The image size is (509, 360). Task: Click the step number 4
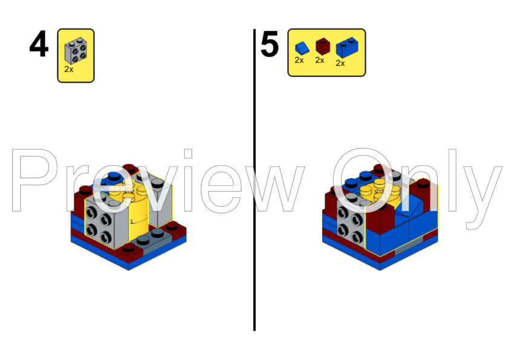(x=39, y=45)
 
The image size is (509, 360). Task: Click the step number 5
(x=270, y=45)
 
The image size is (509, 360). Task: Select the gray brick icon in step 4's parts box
(x=76, y=50)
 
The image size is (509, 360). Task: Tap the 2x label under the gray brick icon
(x=69, y=70)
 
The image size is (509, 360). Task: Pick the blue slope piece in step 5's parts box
(x=301, y=47)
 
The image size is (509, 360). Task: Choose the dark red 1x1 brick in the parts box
(x=320, y=47)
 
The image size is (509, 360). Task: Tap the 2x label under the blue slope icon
(x=299, y=61)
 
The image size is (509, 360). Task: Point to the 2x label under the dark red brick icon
(x=320, y=61)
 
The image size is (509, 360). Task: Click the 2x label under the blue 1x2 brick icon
(x=340, y=63)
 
